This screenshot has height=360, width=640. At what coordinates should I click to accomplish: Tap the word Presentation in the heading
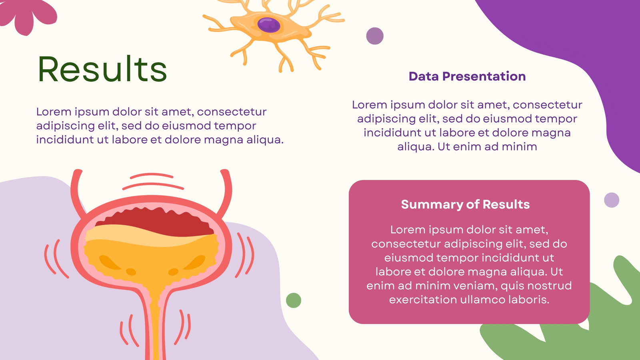484,76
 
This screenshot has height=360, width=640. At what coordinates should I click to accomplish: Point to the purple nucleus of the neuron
268,25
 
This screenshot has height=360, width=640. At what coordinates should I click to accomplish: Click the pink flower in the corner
27,16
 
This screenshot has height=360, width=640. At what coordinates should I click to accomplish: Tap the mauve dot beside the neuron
375,36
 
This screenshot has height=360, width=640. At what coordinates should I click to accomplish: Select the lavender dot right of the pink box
612,200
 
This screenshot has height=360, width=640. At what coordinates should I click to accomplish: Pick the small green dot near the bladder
294,300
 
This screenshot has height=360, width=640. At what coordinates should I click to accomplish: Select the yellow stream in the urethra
156,323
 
